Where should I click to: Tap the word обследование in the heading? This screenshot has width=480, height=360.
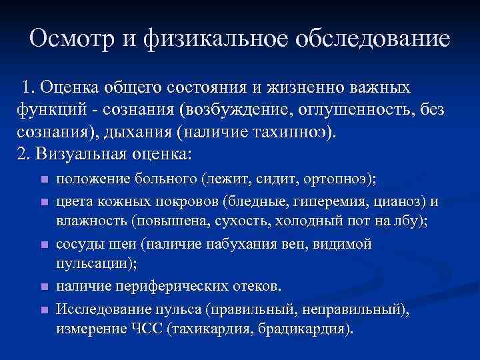(x=376, y=38)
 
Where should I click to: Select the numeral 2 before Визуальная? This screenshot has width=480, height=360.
(x=19, y=153)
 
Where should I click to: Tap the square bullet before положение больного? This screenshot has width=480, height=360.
(x=43, y=180)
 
